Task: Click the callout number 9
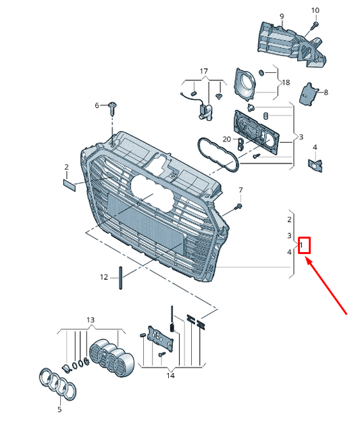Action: [x=282, y=16]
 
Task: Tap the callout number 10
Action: [x=315, y=10]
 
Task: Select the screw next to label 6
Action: [x=113, y=108]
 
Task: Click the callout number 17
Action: [x=204, y=72]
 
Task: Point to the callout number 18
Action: [x=286, y=82]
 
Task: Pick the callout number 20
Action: [x=227, y=139]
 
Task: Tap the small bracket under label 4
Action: [x=315, y=165]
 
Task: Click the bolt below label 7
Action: [x=238, y=207]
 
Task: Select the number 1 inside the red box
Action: [x=301, y=245]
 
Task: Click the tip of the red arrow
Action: [x=306, y=257]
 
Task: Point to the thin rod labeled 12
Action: [x=120, y=278]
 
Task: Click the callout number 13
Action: [x=91, y=320]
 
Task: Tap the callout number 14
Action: [x=170, y=375]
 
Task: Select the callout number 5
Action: [x=59, y=410]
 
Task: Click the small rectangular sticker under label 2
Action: [x=70, y=185]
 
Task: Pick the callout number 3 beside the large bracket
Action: [x=301, y=137]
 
